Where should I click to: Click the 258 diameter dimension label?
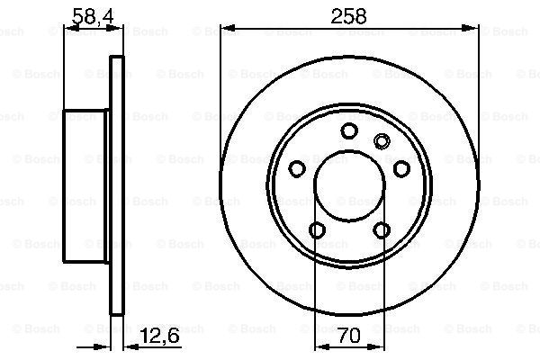coord(348,16)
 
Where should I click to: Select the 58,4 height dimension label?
coord(94,16)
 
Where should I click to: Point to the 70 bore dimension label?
coord(349,336)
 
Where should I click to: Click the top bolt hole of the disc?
coord(349,130)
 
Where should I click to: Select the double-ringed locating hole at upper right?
coord(382,141)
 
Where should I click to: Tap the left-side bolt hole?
coord(297,169)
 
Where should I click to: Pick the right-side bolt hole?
coord(401,169)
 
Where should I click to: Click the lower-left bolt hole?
coord(317,230)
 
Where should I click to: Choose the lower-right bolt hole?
coord(382,230)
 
